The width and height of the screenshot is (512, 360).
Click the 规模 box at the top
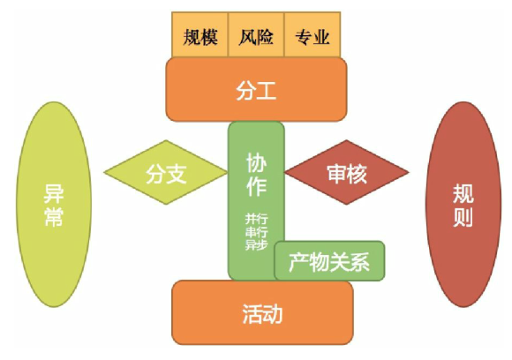[x=200, y=34]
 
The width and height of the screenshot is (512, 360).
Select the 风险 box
[x=256, y=34]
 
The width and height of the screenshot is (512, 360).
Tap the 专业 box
[x=312, y=34]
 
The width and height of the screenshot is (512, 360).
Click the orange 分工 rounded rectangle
[x=256, y=89]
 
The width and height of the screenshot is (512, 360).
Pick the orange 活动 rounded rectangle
[x=262, y=312]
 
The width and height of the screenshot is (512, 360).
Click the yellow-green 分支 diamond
[x=166, y=172]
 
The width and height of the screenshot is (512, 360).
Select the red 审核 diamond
[x=347, y=172]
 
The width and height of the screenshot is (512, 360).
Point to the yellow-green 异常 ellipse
[x=54, y=205]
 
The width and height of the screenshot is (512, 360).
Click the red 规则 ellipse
[x=463, y=205]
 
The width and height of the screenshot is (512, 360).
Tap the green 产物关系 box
[x=329, y=261]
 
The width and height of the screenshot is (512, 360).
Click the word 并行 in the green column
[x=257, y=218]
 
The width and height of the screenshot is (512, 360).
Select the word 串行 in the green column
[x=257, y=232]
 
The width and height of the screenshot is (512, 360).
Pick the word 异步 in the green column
[x=257, y=244]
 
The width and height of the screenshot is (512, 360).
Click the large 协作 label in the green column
[x=256, y=175]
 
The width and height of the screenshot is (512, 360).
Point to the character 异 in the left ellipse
[x=54, y=193]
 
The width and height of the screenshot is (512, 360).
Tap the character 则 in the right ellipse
[x=463, y=216]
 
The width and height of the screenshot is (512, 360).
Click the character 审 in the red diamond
[x=336, y=173]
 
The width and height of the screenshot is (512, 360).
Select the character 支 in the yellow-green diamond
[x=177, y=173]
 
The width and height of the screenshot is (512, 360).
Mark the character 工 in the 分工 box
[x=267, y=90]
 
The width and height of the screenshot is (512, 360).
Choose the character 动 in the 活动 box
[x=273, y=314]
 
